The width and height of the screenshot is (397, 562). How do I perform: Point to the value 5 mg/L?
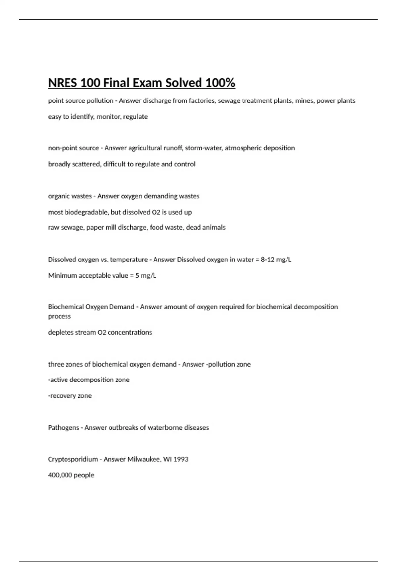pos(146,275)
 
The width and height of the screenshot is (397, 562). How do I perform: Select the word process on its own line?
pos(59,316)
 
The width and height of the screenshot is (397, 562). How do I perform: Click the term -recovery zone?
pos(70,396)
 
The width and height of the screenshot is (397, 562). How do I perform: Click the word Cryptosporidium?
pos(73,459)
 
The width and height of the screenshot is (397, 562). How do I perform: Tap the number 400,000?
pos(60,475)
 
